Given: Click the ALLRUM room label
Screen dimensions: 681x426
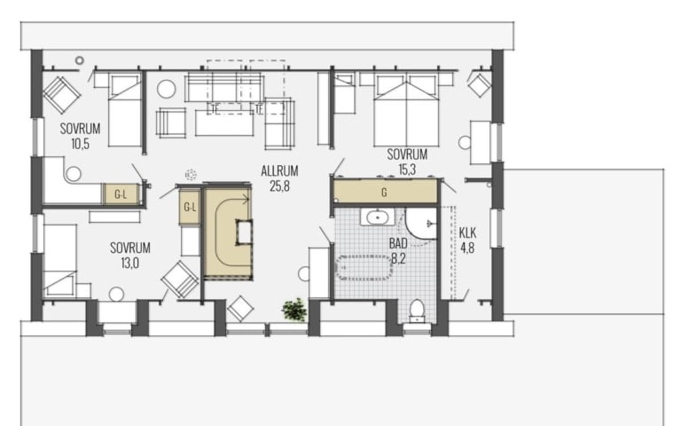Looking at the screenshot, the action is [279, 170].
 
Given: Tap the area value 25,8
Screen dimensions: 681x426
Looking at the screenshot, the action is [279, 186].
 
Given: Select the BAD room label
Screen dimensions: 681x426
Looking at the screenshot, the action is [398, 243].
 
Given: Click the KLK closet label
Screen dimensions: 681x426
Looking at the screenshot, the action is [467, 233].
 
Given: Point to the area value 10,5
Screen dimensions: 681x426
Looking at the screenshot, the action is [81, 144].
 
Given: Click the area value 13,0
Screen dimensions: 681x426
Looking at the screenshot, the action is [129, 263].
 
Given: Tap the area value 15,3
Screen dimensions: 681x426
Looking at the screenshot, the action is [406, 170].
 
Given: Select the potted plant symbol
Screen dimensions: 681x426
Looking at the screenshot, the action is [294, 310].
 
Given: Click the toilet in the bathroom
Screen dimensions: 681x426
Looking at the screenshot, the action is [417, 311].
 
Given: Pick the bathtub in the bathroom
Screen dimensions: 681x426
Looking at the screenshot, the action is [364, 267].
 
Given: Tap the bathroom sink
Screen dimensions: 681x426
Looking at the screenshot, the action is [378, 217].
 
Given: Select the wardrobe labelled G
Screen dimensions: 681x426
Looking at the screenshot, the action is [385, 192].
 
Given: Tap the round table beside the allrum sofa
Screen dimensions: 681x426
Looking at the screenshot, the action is [166, 89].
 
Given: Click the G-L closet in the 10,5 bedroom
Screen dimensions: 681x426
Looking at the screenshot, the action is [121, 193].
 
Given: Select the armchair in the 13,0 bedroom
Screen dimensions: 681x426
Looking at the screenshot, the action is [180, 279].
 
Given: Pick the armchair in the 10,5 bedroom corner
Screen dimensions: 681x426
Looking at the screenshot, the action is [61, 95].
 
